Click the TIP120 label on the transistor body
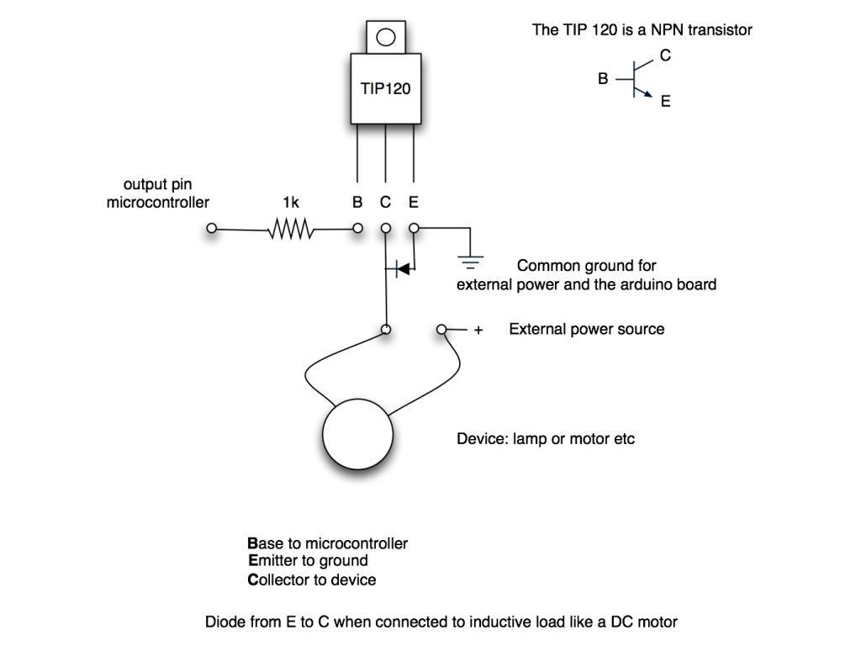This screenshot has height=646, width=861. click(386, 87)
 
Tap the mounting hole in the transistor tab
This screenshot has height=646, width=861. click(386, 37)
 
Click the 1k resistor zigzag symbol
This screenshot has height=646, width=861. click(291, 228)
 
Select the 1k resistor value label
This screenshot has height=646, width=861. click(291, 203)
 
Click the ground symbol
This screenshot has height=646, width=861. click(472, 262)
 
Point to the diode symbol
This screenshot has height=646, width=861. click(402, 268)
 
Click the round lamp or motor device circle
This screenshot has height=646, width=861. click(358, 434)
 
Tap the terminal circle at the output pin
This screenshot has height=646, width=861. click(212, 228)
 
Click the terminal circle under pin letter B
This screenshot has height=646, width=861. click(357, 228)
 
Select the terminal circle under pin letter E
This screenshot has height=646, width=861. click(414, 228)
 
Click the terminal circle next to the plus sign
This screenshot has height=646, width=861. click(441, 330)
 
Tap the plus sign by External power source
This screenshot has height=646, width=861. click(478, 331)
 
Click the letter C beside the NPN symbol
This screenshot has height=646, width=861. click(665, 56)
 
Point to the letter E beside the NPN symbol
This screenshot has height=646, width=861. click(665, 102)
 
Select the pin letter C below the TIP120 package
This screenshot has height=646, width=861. click(385, 203)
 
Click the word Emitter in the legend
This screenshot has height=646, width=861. click(275, 561)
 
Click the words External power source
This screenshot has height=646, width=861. click(586, 329)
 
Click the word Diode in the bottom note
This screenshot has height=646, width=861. click(224, 622)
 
